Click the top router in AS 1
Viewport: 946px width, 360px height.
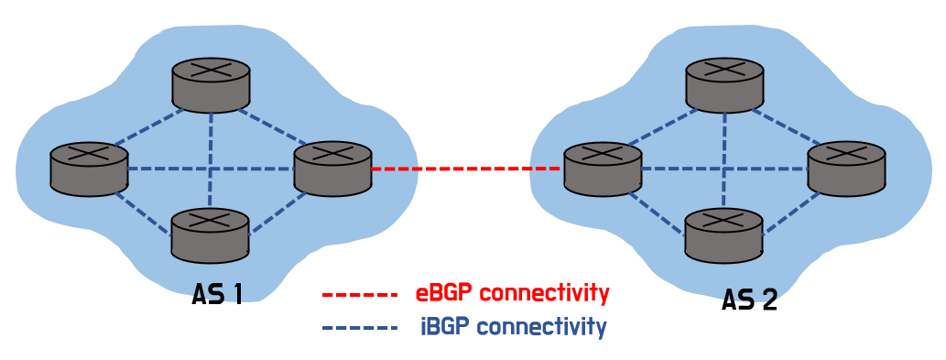[211, 85]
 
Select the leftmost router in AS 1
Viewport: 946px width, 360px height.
[89, 169]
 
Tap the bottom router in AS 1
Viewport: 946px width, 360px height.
[211, 235]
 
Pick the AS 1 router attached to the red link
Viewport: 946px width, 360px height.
[332, 169]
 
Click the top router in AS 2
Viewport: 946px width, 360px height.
[724, 85]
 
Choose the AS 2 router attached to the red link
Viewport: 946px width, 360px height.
[602, 169]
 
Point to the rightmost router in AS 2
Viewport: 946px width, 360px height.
[846, 169]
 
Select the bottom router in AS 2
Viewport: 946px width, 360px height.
[724, 235]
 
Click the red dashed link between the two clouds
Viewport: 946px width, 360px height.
[467, 170]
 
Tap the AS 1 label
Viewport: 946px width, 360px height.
[217, 294]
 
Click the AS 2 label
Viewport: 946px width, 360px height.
[749, 300]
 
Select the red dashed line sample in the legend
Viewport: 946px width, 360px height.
[360, 296]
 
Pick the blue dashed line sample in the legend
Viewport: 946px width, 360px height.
[360, 328]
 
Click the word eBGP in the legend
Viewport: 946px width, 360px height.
[444, 294]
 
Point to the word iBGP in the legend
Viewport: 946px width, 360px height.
[445, 327]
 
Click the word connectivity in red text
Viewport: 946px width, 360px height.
[544, 294]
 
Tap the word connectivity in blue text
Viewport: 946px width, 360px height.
[541, 327]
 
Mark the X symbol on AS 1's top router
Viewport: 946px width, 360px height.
[211, 68]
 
